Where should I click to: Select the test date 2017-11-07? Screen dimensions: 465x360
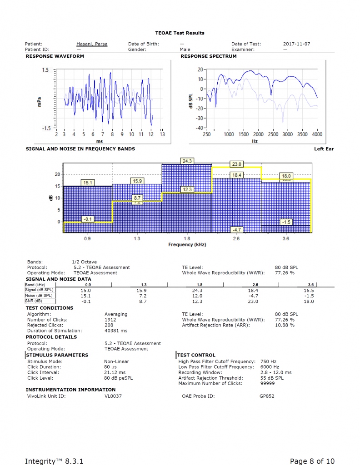pyautogui.click(x=296, y=44)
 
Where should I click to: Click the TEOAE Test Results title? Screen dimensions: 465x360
pyautogui.click(x=180, y=33)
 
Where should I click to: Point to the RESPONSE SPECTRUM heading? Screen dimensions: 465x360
pyautogui.click(x=209, y=56)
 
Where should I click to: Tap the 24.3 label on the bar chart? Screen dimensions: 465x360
pyautogui.click(x=187, y=161)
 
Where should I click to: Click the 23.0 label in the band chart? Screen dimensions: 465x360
pyautogui.click(x=237, y=164)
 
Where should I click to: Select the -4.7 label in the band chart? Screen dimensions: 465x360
pyautogui.click(x=237, y=229)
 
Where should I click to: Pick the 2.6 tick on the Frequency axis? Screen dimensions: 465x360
pyautogui.click(x=237, y=238)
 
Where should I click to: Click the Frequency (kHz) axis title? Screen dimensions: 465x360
pyautogui.click(x=187, y=244)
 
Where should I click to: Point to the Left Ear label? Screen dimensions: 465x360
pyautogui.click(x=324, y=149)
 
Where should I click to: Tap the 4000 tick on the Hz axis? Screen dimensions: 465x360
pyautogui.click(x=317, y=134)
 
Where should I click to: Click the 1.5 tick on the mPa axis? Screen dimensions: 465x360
pyautogui.click(x=45, y=70)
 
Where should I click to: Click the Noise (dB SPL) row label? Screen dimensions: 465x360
pyautogui.click(x=39, y=296)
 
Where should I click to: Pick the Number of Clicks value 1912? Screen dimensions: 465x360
pyautogui.click(x=110, y=320)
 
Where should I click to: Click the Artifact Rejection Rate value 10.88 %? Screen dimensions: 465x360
pyautogui.click(x=285, y=325)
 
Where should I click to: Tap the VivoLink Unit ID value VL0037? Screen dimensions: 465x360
pyautogui.click(x=113, y=396)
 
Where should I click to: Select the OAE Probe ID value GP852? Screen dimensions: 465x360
pyautogui.click(x=267, y=396)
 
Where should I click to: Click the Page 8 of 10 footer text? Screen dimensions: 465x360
pyautogui.click(x=312, y=461)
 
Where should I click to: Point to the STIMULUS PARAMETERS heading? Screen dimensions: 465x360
pyautogui.click(x=57, y=355)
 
